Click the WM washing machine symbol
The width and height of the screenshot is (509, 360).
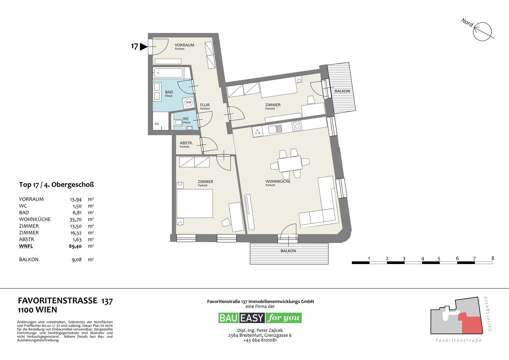pos(188,102)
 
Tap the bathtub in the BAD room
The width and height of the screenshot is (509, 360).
pos(168,72)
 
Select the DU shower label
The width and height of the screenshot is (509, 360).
pos(157,124)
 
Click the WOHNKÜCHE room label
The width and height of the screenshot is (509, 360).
pos(278,181)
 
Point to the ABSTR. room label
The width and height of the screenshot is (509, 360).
pos(186,143)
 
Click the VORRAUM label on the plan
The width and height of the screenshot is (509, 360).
pos(184,45)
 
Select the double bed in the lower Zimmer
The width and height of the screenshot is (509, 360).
pos(195,203)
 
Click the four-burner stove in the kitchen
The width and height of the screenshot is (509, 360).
pos(297,126)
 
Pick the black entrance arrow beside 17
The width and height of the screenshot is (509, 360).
pos(143,47)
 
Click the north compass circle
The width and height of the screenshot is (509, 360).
pos(482,32)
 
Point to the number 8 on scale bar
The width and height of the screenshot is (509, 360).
pos(493,258)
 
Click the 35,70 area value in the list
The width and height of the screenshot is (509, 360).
pos(75,219)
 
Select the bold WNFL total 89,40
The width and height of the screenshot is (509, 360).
pos(75,246)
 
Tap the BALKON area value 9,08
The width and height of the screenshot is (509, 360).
pos(77,260)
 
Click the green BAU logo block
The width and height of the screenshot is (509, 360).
pos(229,318)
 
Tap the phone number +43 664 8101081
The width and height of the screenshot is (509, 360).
pos(260,340)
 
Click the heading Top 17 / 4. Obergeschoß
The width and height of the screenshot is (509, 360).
pos(56,185)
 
